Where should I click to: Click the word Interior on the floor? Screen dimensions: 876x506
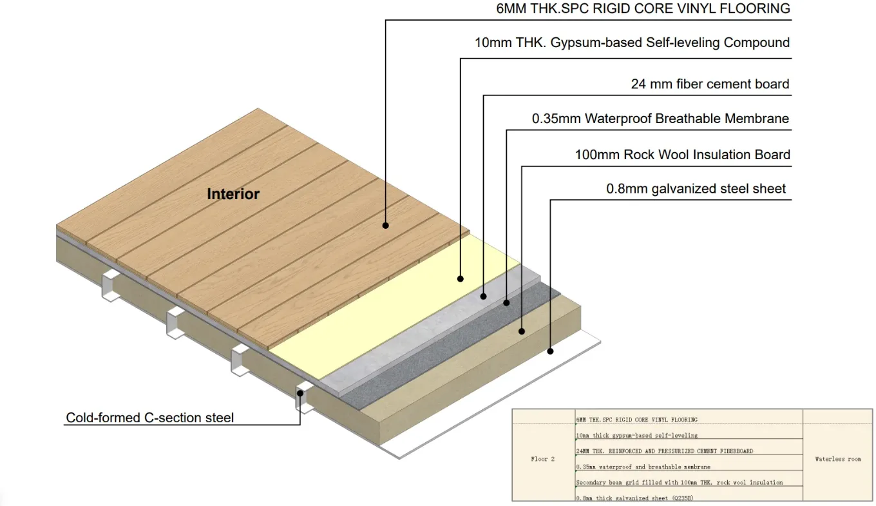[233, 194]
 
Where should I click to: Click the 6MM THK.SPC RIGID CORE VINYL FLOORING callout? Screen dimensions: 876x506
[643, 8]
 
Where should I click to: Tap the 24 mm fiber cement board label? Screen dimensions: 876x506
[710, 84]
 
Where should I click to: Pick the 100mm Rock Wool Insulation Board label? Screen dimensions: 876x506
[682, 155]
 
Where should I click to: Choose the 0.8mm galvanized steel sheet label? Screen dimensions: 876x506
[696, 189]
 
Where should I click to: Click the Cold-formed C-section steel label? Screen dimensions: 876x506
[150, 418]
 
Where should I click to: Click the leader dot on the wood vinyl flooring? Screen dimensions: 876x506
[386, 226]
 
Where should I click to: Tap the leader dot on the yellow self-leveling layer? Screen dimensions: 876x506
[461, 279]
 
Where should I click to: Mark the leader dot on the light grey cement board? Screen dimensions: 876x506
[483, 297]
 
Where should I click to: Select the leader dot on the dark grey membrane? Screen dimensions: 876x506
[506, 303]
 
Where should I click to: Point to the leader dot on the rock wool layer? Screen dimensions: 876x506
[522, 331]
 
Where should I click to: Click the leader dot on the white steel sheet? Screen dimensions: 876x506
[550, 351]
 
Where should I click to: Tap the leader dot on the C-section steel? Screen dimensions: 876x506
[300, 393]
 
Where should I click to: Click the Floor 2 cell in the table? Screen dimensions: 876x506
[543, 459]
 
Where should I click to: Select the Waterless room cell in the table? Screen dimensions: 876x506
[837, 459]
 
